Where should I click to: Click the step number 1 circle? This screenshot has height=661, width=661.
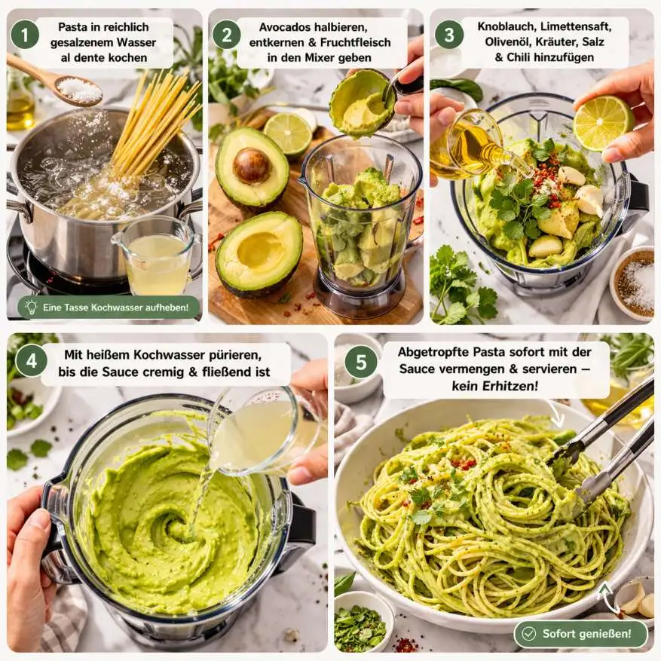point(25,35)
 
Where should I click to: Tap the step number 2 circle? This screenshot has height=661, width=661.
point(226,35)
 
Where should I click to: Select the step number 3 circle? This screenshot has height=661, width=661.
point(449,35)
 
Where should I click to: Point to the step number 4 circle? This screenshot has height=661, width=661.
point(32,361)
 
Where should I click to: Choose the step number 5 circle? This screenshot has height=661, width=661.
point(361,362)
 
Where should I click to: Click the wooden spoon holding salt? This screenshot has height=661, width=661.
point(55,82)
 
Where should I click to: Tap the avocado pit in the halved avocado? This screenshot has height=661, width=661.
point(252,166)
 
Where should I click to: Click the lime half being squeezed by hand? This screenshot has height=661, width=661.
point(603,123)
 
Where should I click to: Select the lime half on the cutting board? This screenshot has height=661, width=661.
point(288,133)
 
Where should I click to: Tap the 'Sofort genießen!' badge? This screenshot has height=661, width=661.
point(580,634)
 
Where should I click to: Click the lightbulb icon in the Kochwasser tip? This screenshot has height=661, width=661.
point(31,307)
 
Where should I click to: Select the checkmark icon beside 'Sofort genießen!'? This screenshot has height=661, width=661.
point(528,634)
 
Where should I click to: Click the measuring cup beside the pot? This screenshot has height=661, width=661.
point(157,257)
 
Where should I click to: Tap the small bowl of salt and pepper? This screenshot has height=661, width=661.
point(633,283)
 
